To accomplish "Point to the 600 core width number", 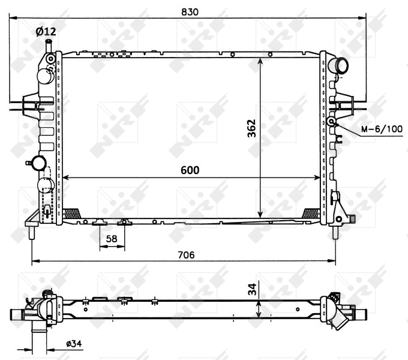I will pos(190,170).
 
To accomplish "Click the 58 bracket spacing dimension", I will pos(111,239).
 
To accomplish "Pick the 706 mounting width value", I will pos(187,254).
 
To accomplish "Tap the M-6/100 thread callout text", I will pos(382,128).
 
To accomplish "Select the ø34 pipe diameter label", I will pos(73,344).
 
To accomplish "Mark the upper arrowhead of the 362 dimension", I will pos(260,61).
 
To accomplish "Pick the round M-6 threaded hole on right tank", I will pos(331,122).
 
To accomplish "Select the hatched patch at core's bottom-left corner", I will pos(71,212).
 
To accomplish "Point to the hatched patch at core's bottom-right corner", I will pos(311,212).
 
